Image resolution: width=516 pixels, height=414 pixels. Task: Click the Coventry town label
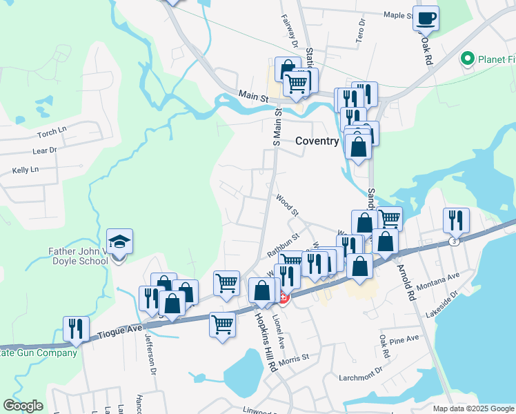[317, 140]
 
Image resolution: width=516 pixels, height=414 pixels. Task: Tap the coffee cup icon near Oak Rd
[426, 18]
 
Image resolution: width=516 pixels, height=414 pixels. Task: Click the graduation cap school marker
[119, 243]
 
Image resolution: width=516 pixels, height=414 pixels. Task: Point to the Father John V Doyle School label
[78, 256]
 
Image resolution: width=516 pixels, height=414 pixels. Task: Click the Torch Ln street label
[52, 131]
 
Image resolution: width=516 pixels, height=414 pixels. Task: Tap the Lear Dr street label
[43, 149]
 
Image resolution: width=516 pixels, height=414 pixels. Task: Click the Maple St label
[397, 14]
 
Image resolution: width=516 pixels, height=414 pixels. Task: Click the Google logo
[23, 406]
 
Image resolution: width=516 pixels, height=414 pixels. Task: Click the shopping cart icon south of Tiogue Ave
[222, 324]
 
